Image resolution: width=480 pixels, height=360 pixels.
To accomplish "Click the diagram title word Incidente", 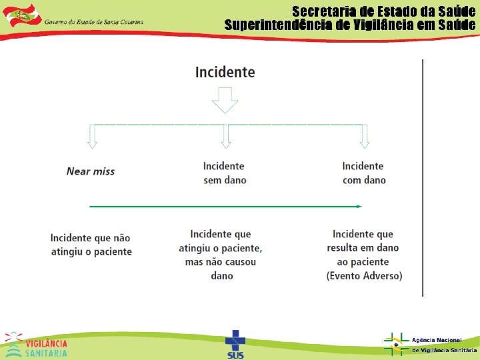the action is [x=225, y=72].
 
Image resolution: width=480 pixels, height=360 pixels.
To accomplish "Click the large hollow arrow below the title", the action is [x=225, y=102].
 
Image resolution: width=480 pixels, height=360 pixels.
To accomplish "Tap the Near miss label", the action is [x=91, y=171].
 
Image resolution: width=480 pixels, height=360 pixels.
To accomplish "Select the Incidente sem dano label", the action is [x=224, y=173].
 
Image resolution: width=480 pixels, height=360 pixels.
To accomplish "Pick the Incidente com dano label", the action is [x=363, y=173].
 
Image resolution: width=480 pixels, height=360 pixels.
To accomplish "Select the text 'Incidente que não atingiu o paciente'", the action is [x=91, y=245].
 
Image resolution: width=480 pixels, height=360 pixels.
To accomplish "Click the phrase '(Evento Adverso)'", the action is [x=364, y=276].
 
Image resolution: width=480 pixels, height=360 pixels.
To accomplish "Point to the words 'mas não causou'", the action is [x=221, y=262].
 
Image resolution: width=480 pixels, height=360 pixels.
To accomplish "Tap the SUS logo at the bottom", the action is [x=235, y=344].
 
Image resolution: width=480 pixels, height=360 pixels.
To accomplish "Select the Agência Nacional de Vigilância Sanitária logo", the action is [x=429, y=344].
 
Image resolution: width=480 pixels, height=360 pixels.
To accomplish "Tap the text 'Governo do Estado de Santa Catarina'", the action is [x=94, y=21].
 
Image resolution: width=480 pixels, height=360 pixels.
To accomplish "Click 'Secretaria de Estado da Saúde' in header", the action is [x=383, y=12].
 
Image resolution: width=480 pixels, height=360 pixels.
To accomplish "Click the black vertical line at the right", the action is [x=423, y=177].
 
